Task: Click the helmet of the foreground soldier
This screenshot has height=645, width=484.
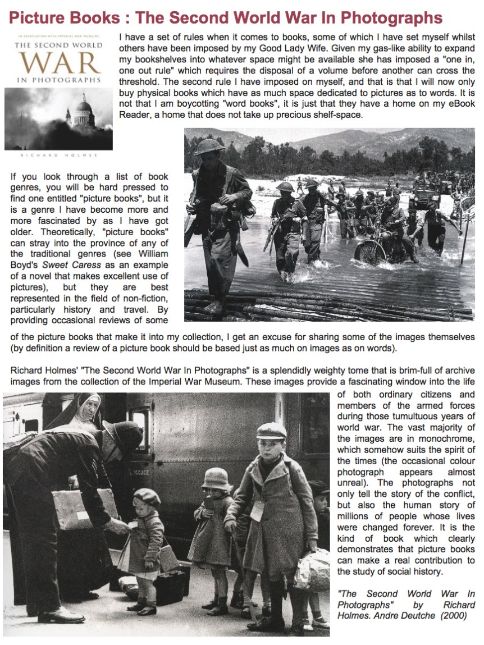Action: (209, 147)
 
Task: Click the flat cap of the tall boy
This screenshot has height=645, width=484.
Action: (271, 431)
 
